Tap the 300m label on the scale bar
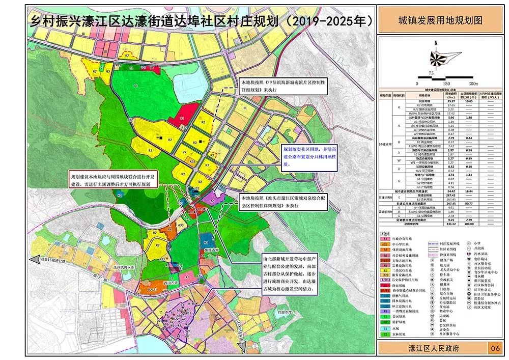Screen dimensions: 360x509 coord(473,83)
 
